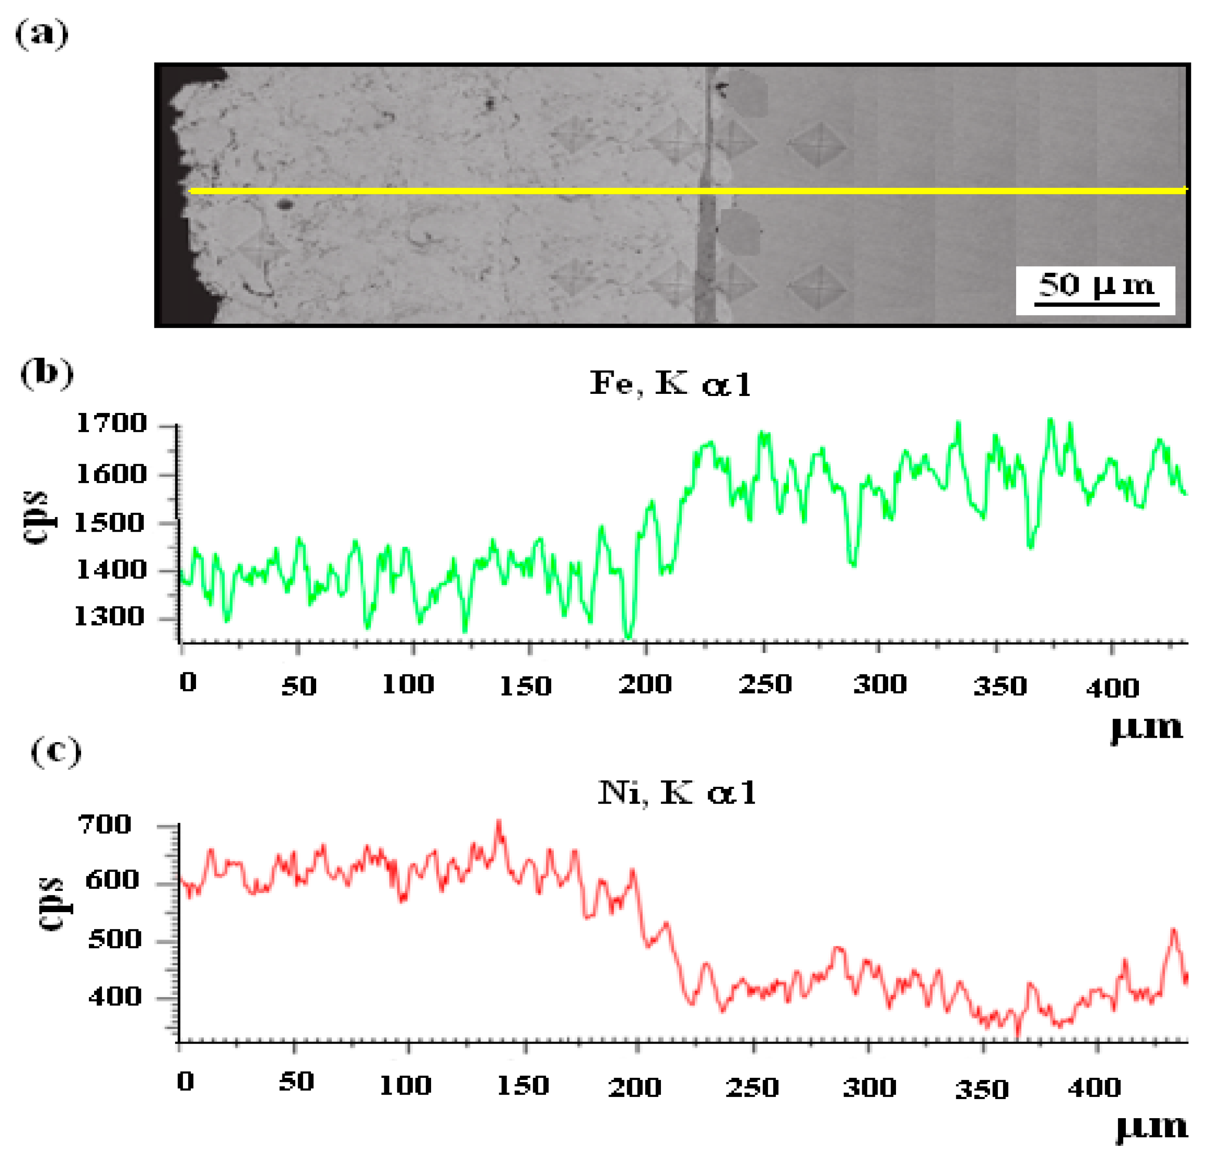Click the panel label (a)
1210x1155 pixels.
tap(41, 34)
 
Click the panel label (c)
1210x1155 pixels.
tap(56, 752)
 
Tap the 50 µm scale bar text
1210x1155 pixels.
tap(1096, 286)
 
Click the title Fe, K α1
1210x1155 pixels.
tap(670, 383)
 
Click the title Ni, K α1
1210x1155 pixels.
tap(677, 792)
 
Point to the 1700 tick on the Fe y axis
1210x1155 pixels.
tap(111, 424)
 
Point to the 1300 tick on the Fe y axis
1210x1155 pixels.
tap(110, 616)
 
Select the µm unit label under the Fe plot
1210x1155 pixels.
tap(1145, 728)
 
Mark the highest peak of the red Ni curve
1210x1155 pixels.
tap(499, 821)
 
